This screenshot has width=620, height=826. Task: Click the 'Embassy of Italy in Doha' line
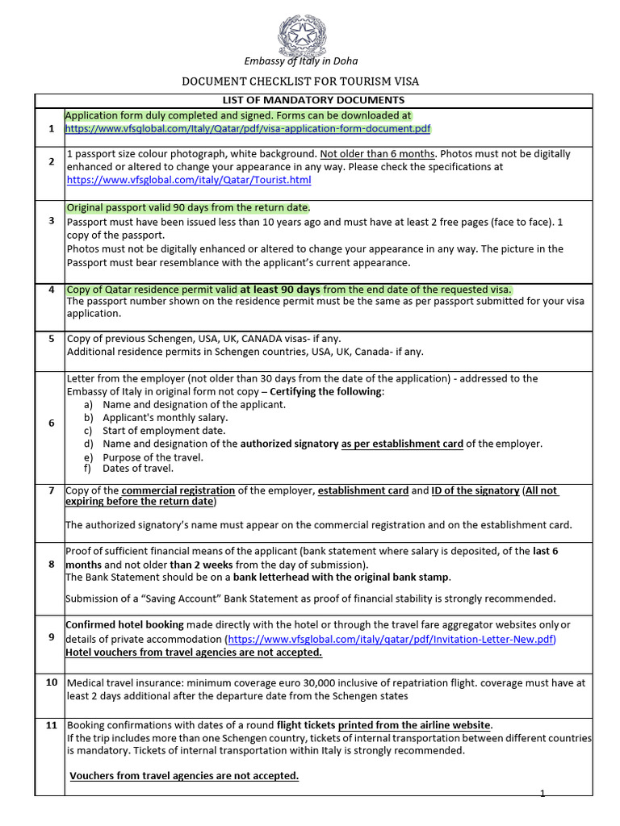pos(301,61)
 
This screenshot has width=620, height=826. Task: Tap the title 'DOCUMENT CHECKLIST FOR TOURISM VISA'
pos(300,81)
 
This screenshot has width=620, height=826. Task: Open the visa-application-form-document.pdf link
pos(248,128)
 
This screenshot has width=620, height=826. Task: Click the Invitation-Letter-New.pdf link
pos(392,639)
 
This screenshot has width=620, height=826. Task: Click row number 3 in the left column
pos(51,220)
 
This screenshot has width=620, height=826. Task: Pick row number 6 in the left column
pos(51,423)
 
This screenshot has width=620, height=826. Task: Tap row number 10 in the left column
pos(51,682)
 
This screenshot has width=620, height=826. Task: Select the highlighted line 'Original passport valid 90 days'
pos(188,208)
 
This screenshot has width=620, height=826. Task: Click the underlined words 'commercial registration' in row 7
pos(178,490)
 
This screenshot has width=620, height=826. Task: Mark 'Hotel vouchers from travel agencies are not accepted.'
pos(194,652)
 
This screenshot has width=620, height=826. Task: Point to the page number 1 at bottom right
pos(542,794)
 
